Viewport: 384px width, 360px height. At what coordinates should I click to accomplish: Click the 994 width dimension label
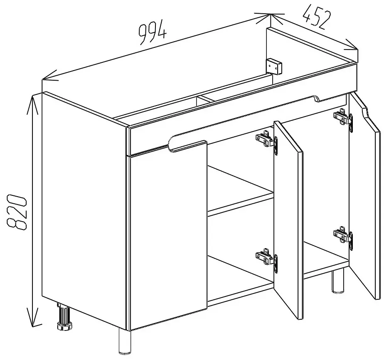coord(153,33)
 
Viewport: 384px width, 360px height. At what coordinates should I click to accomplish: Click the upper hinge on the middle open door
coord(267,143)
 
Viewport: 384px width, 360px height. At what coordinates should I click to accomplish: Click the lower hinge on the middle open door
coord(267,260)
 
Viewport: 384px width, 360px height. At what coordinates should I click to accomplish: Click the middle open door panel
coord(288,220)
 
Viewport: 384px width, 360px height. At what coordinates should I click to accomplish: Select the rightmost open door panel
coord(365,196)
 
